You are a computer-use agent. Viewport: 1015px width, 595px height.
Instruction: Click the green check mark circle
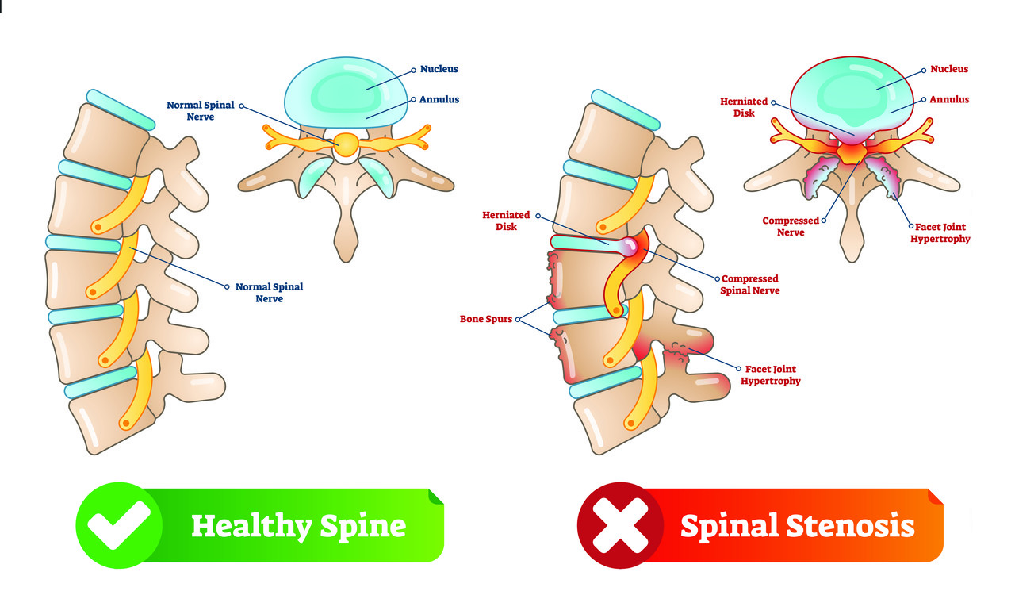(119, 524)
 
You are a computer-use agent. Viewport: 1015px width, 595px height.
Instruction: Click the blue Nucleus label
(439, 69)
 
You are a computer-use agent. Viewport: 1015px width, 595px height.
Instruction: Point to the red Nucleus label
(949, 69)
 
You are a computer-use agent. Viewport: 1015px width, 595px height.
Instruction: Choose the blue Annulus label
(439, 100)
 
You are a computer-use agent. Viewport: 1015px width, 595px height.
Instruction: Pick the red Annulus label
(950, 100)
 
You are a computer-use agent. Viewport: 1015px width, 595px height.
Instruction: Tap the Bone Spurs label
(486, 319)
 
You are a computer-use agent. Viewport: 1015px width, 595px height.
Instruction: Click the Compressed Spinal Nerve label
(749, 285)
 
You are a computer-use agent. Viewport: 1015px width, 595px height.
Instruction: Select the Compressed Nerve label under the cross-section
(791, 226)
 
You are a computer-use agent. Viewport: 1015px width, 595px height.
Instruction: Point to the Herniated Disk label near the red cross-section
(744, 107)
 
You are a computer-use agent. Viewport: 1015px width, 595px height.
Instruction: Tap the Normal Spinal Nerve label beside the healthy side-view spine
(269, 293)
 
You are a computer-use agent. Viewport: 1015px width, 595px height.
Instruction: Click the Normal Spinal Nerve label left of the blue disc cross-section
(200, 111)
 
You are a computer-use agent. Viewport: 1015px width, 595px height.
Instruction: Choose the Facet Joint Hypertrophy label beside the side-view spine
(770, 375)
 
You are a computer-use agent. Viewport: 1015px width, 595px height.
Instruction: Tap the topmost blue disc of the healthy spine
(120, 109)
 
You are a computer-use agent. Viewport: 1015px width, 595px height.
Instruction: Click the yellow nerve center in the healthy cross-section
(347, 144)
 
